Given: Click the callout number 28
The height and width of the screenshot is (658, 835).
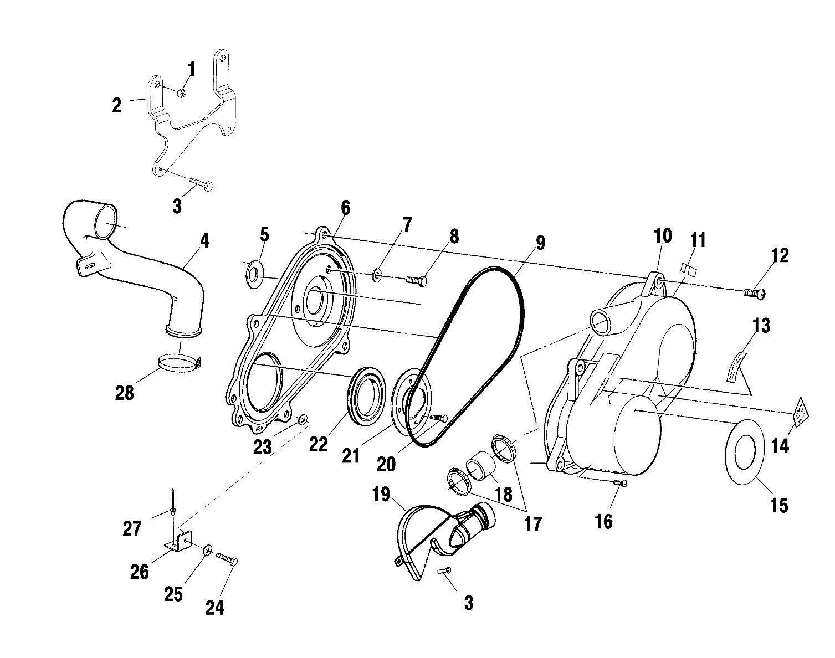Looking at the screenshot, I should (x=125, y=393).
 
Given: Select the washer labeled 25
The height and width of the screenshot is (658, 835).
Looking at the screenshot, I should (x=207, y=549).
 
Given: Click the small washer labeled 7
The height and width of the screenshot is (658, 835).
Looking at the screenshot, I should (x=377, y=274).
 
